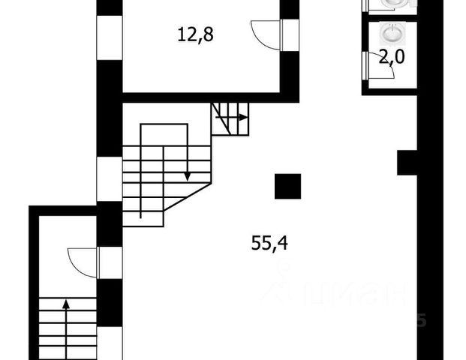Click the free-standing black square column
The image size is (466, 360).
tap(287, 186)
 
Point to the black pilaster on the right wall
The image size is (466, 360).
tap(407, 162)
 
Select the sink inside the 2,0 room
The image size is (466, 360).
tap(392, 34)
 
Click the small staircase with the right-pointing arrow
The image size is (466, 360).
tap(230, 118)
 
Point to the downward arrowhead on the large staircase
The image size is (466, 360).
tap(187, 177)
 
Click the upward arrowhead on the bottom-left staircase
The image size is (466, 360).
tap(66, 304)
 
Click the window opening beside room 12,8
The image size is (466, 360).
tap(109, 37)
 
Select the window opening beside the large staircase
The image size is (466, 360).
tap(109, 178)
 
